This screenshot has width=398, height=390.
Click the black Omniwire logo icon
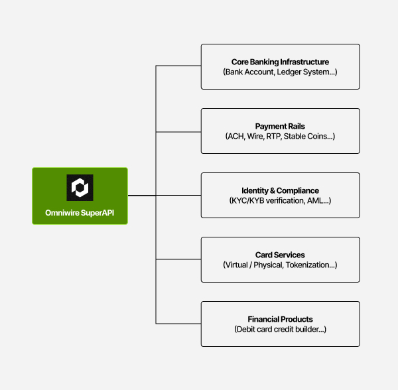(80, 187)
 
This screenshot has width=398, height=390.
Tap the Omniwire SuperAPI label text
(80, 214)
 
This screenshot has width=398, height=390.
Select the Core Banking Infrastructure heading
(280, 62)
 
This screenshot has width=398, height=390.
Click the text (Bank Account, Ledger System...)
(280, 72)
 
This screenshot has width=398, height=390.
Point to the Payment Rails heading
(280, 126)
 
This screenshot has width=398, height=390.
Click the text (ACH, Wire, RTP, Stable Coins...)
(280, 136)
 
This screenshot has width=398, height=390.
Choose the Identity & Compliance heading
(280, 190)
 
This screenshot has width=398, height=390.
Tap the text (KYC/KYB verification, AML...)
(280, 200)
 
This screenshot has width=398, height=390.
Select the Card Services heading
(280, 255)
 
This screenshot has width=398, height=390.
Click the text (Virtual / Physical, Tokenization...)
(280, 265)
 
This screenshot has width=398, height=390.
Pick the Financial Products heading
(280, 319)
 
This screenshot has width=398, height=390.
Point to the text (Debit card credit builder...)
(280, 329)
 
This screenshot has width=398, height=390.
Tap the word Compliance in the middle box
(297, 190)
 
